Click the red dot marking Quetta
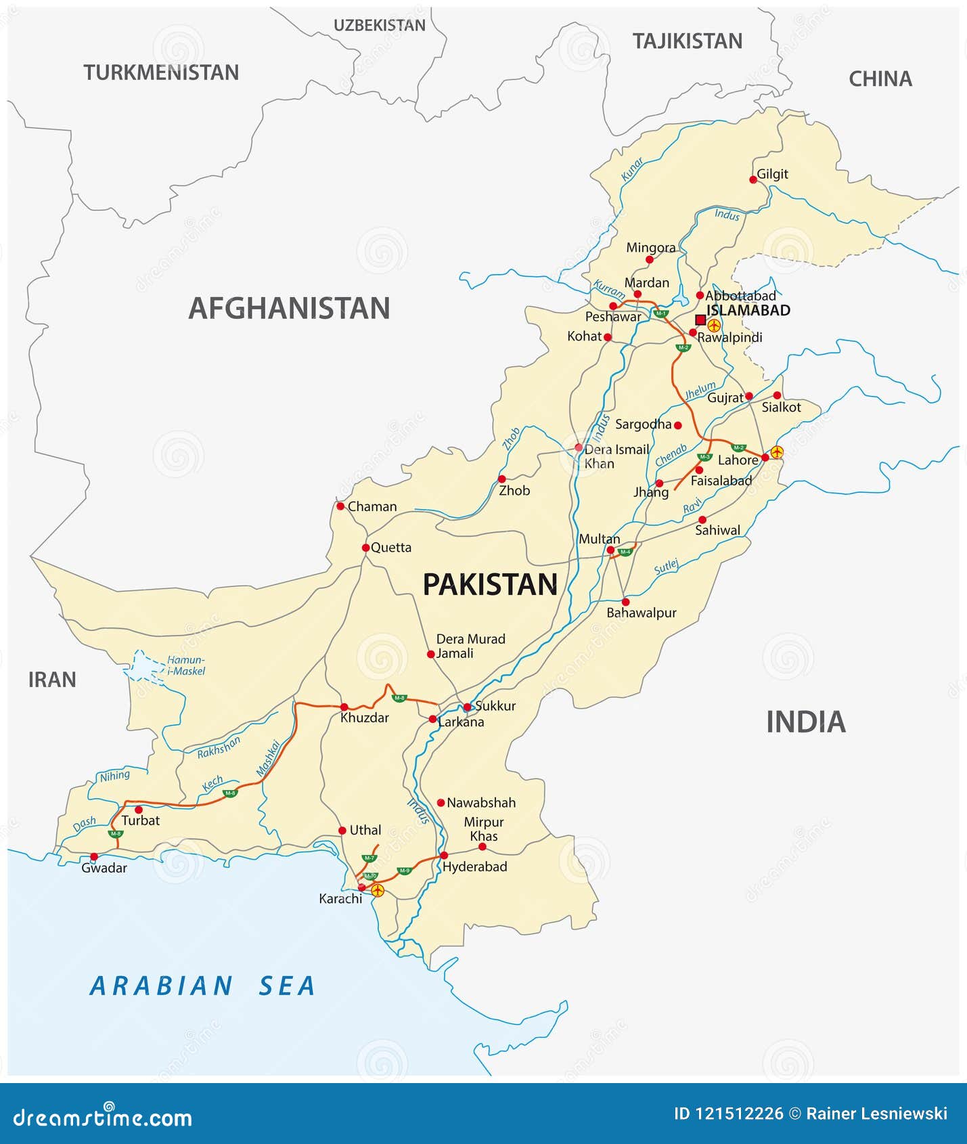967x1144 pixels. tap(365, 548)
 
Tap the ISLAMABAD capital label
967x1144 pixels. tap(748, 310)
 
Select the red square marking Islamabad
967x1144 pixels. tap(700, 320)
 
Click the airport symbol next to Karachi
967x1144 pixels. tap(378, 890)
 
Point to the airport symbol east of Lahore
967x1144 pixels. tap(777, 452)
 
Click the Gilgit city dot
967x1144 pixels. tap(753, 179)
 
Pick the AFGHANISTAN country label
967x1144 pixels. tap(289, 308)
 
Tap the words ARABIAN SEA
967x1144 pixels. tap(203, 986)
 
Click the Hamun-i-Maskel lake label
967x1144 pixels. tap(185, 665)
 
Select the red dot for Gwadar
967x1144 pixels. tap(94, 856)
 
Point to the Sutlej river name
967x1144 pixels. tap(667, 567)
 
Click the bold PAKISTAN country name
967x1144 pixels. tap(490, 584)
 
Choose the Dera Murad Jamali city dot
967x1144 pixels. tap(430, 654)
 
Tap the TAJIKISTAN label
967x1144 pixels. tap(687, 41)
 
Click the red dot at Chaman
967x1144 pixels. tap(340, 506)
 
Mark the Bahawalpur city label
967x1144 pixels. tap(641, 613)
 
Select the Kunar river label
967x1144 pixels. tap(632, 169)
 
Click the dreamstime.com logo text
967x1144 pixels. tap(103, 1118)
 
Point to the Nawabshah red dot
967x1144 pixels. tap(441, 803)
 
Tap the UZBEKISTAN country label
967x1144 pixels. tap(380, 26)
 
